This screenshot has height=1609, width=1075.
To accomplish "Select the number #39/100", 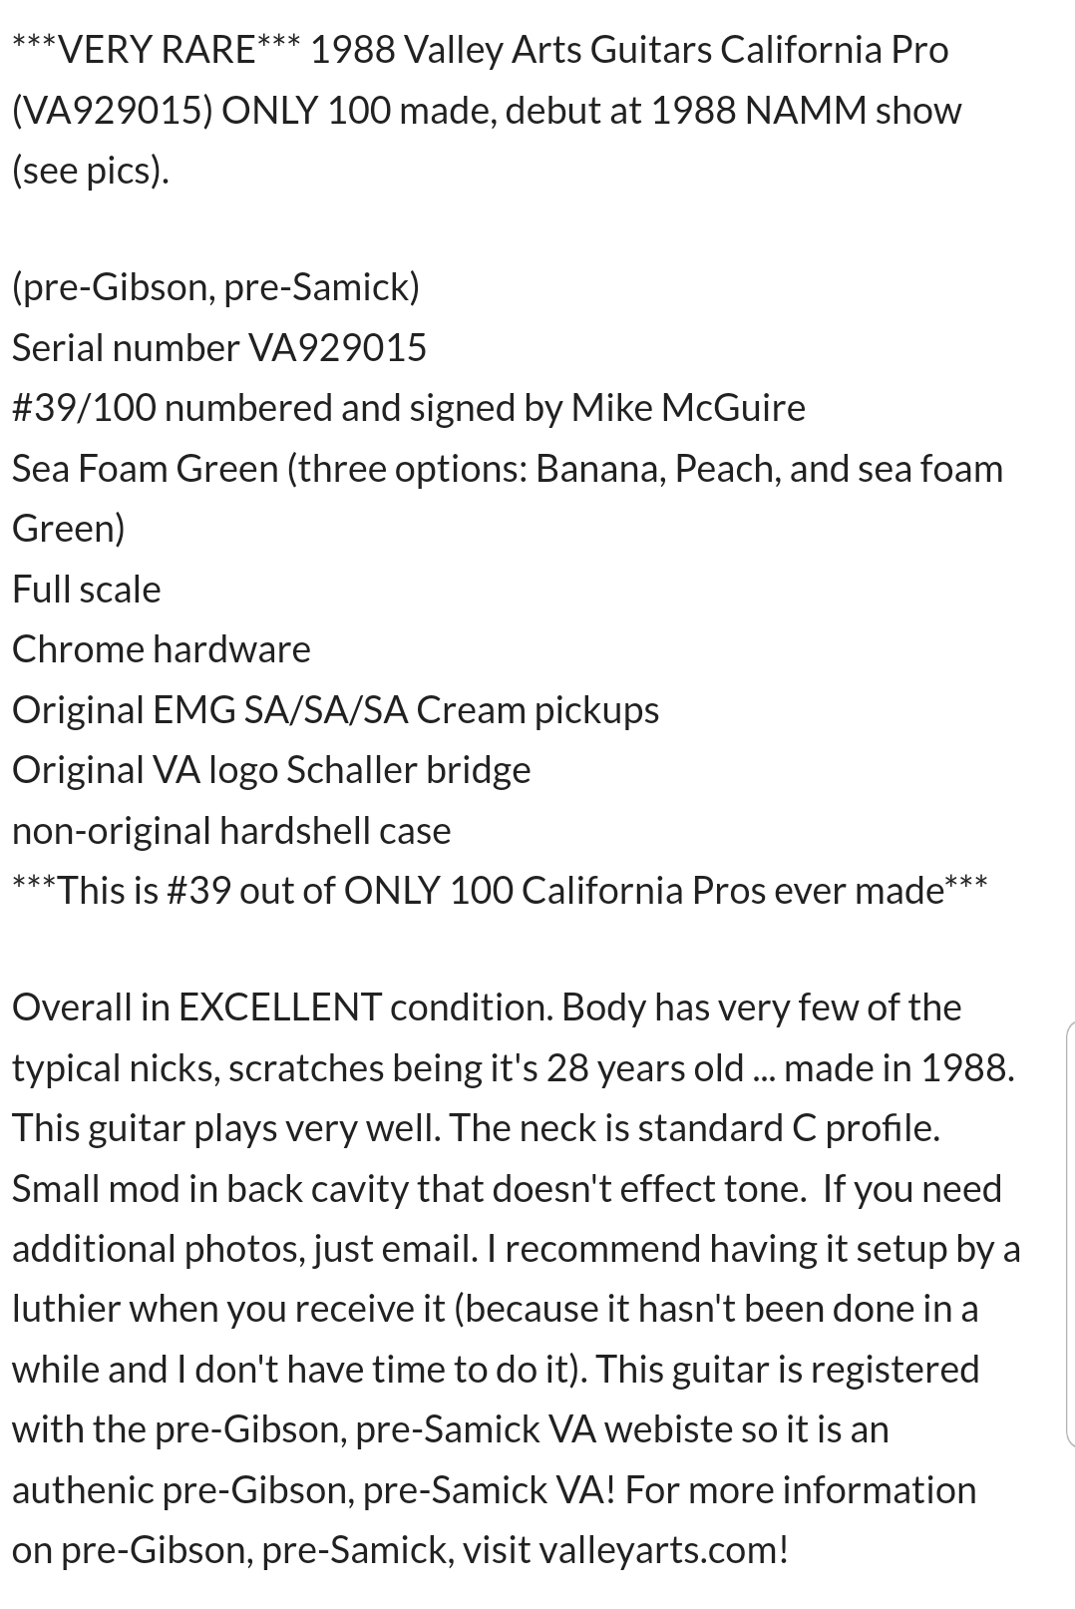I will pyautogui.click(x=84, y=408).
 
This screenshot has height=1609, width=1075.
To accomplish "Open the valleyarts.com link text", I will pyautogui.click(x=663, y=1550).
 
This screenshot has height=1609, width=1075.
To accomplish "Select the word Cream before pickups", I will pyautogui.click(x=471, y=710).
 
